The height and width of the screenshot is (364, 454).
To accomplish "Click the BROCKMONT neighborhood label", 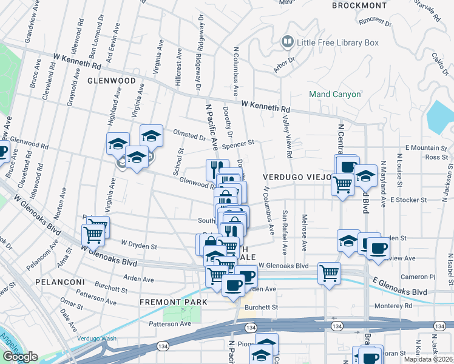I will [359, 5].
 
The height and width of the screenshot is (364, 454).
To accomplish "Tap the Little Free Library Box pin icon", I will [287, 42].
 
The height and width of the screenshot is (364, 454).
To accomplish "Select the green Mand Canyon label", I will [334, 94].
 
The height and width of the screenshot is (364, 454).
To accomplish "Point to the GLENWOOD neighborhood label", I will [111, 81].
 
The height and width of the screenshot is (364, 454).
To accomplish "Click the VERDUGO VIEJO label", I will [297, 177].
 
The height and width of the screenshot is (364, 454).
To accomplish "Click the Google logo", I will [20, 357].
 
